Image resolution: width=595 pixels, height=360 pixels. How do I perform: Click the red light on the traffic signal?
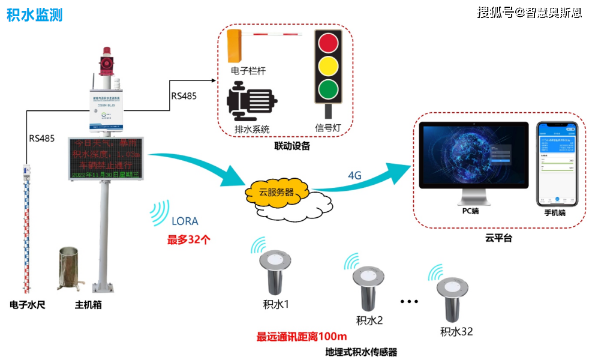pyautogui.click(x=327, y=43)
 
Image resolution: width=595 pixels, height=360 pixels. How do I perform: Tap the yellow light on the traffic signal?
pyautogui.click(x=327, y=65)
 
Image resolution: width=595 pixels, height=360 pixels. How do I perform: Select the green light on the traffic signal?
pyautogui.click(x=327, y=89)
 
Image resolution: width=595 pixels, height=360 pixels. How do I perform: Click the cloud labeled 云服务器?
pyautogui.click(x=277, y=193)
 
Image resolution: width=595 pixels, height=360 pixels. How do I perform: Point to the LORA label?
pyautogui.click(x=185, y=221)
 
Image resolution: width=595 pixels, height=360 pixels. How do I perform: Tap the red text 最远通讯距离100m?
pyautogui.click(x=302, y=337)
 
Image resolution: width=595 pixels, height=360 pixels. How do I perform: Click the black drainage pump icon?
pyautogui.click(x=250, y=102)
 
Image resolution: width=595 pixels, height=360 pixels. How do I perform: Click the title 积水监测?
pyautogui.click(x=34, y=14)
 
